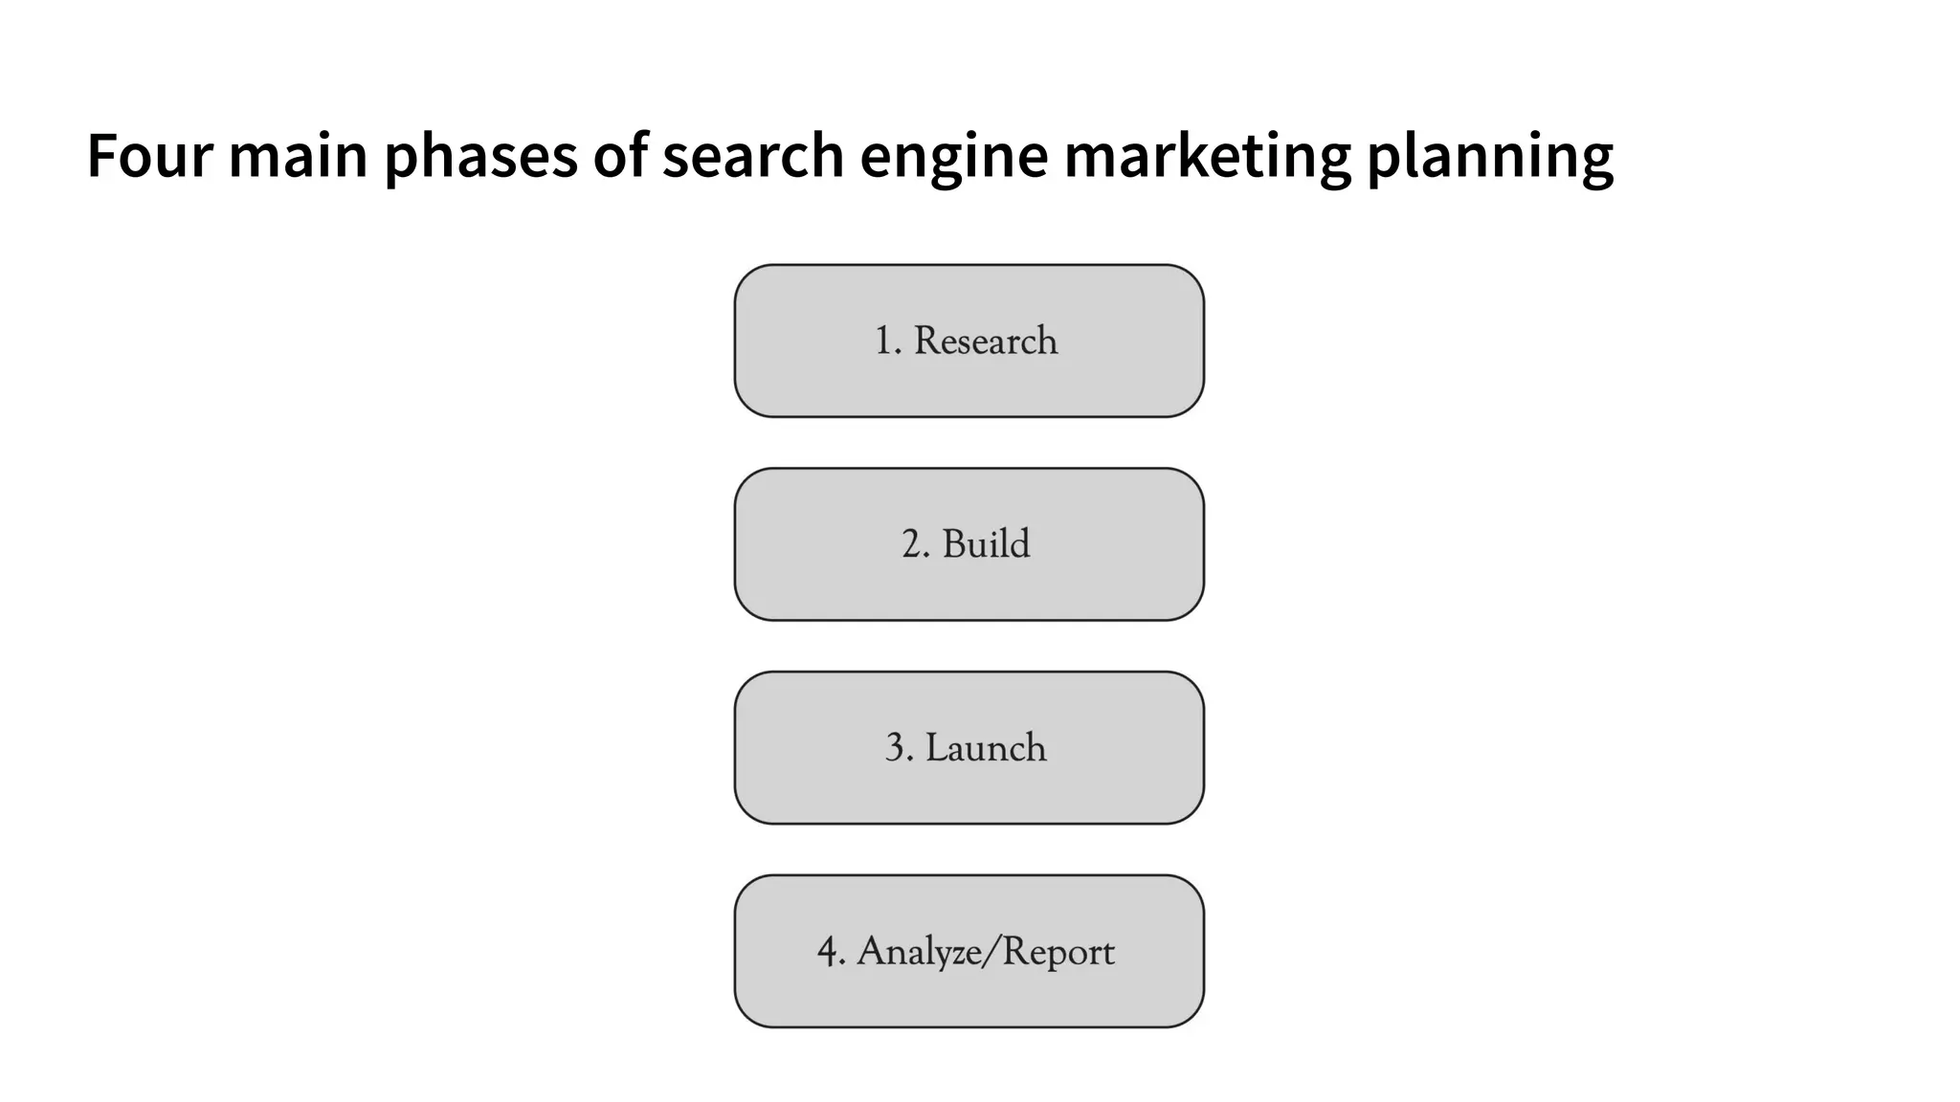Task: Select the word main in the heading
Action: tap(298, 155)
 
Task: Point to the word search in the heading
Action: tap(752, 155)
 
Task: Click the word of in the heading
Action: tap(620, 155)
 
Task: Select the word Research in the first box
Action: tap(985, 341)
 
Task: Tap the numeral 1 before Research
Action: tap(882, 341)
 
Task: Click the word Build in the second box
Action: tap(986, 543)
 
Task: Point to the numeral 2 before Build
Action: tap(911, 543)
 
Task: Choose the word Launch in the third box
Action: tap(985, 747)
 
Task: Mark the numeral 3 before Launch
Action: tap(895, 747)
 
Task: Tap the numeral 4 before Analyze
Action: tap(827, 952)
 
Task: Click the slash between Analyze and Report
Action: tap(989, 952)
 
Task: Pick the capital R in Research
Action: tap(925, 341)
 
